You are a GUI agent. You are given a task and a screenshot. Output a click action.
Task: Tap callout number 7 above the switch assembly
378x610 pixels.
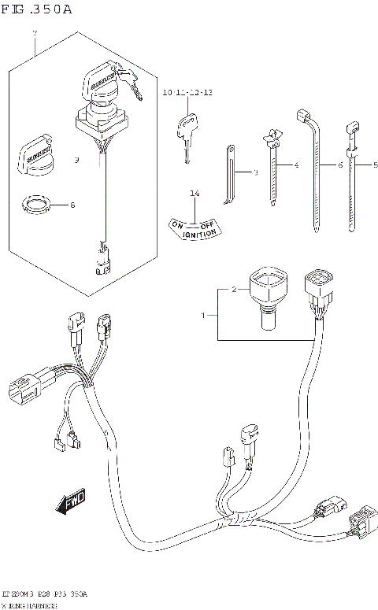click(x=34, y=33)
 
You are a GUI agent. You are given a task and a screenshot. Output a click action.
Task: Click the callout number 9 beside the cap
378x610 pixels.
click(x=76, y=161)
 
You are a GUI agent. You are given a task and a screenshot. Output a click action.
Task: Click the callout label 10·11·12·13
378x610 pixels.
click(x=188, y=93)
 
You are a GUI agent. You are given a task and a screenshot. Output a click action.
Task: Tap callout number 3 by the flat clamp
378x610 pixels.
click(x=255, y=172)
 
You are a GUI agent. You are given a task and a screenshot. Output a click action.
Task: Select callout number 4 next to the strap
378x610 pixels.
click(x=296, y=165)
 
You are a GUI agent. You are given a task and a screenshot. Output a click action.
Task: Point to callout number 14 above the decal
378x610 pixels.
click(x=194, y=193)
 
